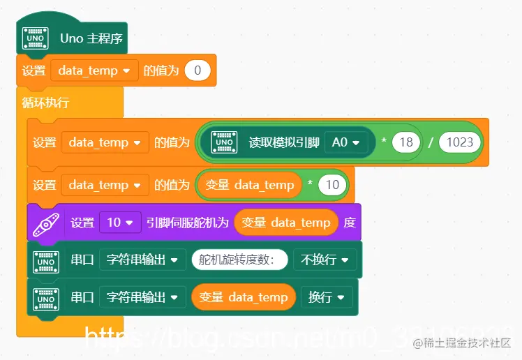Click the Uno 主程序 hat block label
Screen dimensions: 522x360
tap(91, 38)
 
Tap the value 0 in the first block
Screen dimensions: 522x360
tap(197, 70)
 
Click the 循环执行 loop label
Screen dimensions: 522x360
tap(45, 103)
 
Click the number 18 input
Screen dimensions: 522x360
tap(405, 142)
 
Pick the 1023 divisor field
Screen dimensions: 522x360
tap(460, 142)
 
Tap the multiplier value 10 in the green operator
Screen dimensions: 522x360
tap(332, 185)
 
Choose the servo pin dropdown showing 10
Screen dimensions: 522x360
tap(120, 223)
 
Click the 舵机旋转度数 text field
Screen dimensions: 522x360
tap(239, 260)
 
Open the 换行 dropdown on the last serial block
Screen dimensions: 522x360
tap(326, 297)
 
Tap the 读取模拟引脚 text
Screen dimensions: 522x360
tap(284, 142)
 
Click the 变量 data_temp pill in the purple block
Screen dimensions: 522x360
tap(286, 223)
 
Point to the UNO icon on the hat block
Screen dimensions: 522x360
tap(35, 38)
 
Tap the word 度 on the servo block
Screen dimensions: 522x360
tap(350, 223)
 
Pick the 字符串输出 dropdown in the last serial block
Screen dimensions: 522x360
tap(142, 297)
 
